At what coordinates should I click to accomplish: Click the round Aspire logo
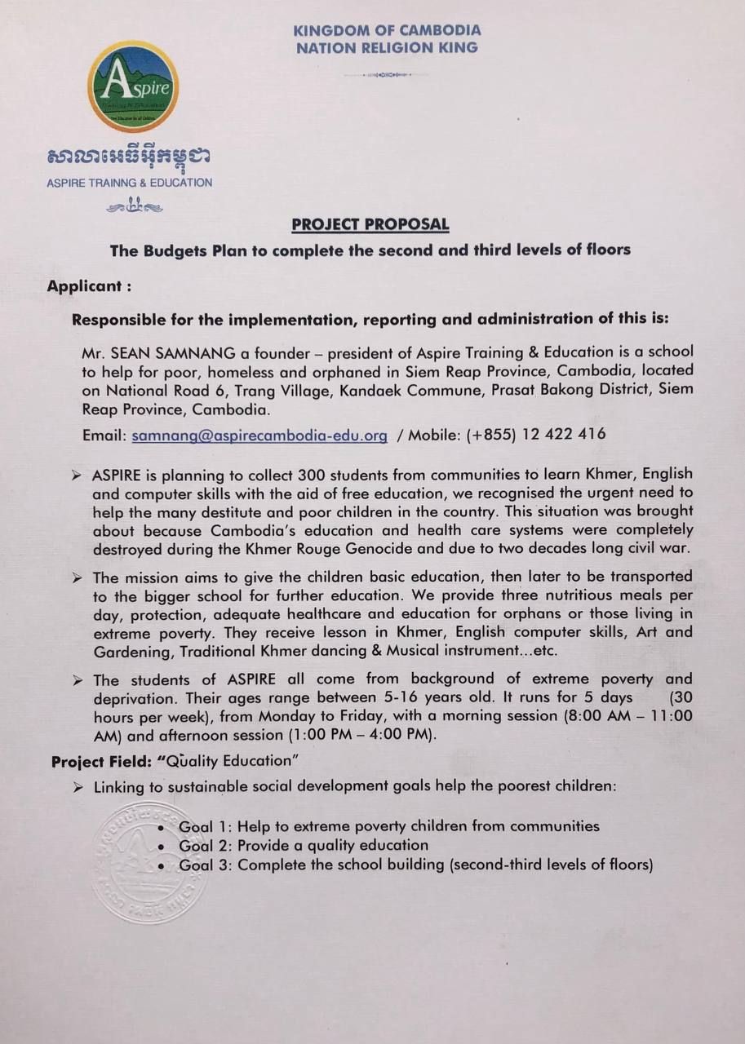(x=133, y=86)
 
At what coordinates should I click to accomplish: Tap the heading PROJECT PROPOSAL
(x=370, y=224)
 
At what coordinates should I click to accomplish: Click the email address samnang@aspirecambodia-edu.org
(x=259, y=436)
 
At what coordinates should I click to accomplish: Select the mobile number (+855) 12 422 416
(x=536, y=435)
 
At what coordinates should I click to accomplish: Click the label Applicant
(x=89, y=287)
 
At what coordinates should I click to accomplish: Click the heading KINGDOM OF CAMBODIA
(x=387, y=30)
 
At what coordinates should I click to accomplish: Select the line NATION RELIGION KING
(x=387, y=47)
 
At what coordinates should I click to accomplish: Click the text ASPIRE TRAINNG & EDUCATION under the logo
(x=129, y=183)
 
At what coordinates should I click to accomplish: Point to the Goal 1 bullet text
(x=388, y=826)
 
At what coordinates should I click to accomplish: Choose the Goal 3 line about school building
(x=415, y=865)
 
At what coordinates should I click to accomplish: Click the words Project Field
(x=101, y=761)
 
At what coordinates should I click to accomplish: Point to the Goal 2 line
(x=303, y=846)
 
